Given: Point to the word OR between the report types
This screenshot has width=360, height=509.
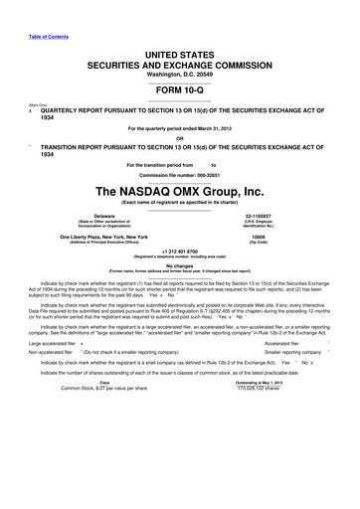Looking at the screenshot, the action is point(179,137).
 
